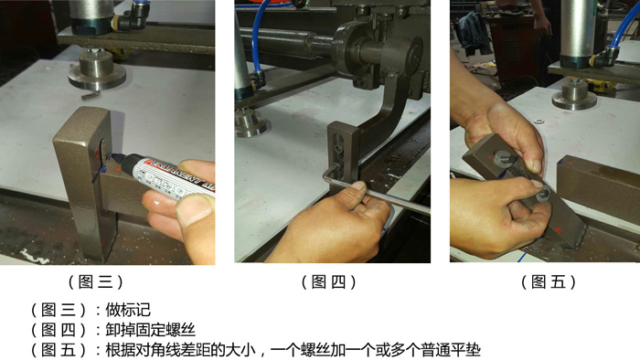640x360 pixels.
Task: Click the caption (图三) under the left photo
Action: (x=95, y=281)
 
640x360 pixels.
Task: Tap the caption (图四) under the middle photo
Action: (x=329, y=281)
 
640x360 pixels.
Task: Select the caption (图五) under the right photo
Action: (x=549, y=281)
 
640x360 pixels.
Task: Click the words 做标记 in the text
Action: (x=128, y=310)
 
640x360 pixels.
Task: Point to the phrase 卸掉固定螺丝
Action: (x=150, y=330)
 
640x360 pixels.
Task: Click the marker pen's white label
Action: (x=175, y=176)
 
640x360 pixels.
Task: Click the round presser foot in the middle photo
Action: (x=251, y=123)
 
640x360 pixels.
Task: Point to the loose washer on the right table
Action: (x=539, y=122)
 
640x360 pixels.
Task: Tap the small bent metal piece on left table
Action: (x=91, y=95)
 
